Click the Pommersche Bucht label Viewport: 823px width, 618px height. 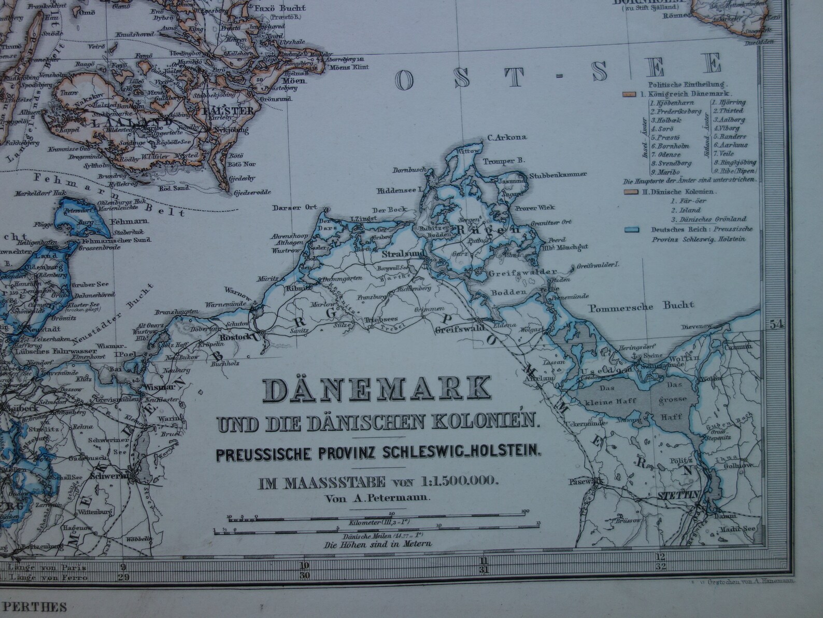point(641,305)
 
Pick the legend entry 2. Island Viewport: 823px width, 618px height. point(685,210)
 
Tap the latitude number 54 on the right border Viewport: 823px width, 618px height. point(775,325)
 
